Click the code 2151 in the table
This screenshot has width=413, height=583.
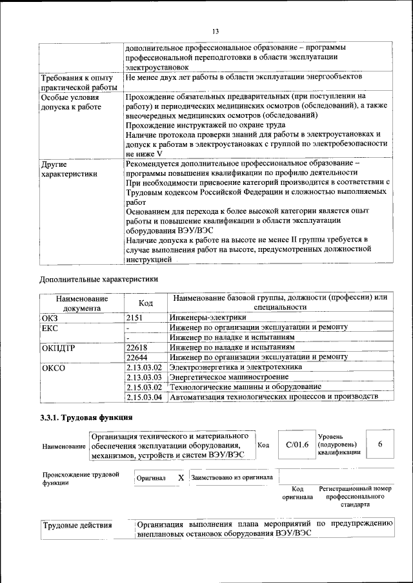[134, 318]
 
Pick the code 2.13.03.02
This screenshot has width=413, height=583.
[144, 367]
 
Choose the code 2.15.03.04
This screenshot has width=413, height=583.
[144, 397]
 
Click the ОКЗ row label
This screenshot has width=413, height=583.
[50, 318]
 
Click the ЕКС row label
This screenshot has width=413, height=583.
[50, 327]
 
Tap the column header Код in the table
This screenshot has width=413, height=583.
[146, 303]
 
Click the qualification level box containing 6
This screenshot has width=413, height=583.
[380, 444]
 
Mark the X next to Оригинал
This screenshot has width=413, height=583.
[181, 478]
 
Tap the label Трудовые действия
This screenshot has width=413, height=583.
[77, 526]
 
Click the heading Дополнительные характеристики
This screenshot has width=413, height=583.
[98, 280]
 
